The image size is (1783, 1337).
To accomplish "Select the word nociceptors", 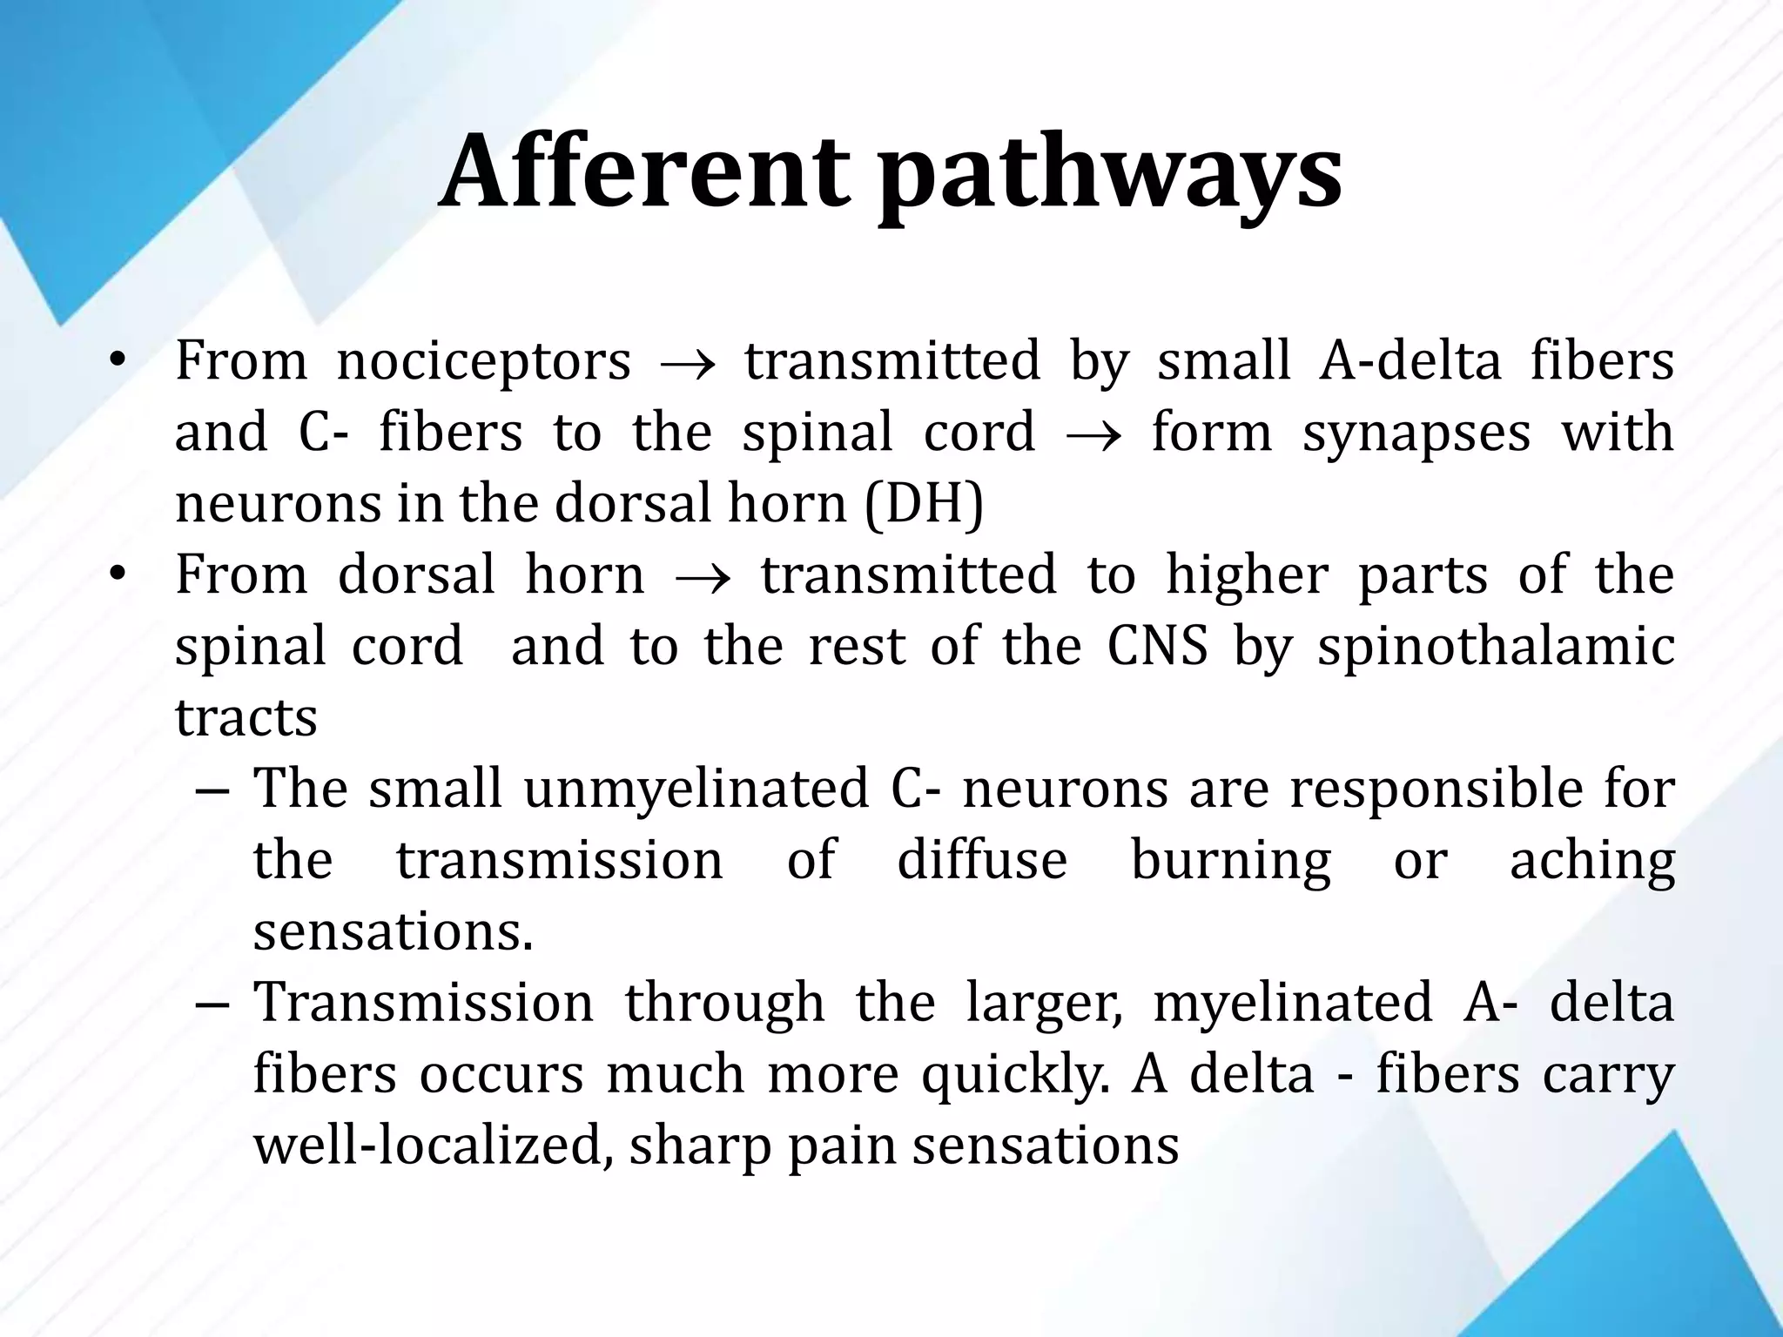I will [x=483, y=361].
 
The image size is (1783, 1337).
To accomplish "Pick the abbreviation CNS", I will [x=1157, y=647].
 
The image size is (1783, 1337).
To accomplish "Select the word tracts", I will [x=246, y=719].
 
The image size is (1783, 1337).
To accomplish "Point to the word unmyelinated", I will [x=696, y=789].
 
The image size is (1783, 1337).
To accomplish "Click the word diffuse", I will [x=982, y=860].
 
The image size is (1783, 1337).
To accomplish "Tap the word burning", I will [x=1230, y=862].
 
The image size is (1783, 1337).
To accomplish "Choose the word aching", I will [x=1591, y=862].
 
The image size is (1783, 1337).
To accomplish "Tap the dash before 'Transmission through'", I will [x=212, y=1004].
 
